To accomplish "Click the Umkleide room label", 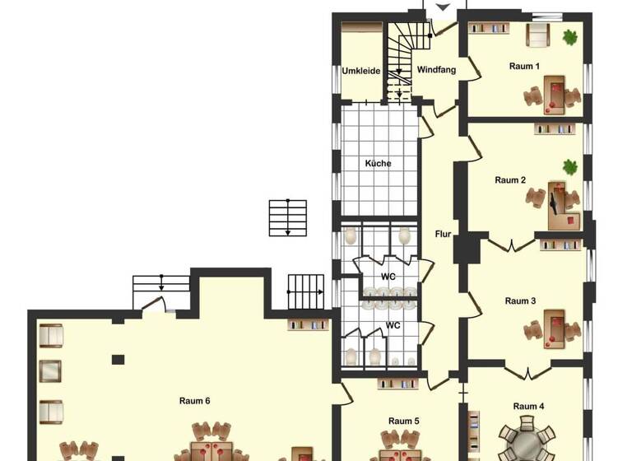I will [360, 71].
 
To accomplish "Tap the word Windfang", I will [436, 70].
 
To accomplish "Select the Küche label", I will [379, 163].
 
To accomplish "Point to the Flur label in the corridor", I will [443, 234].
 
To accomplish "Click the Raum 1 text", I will [524, 66].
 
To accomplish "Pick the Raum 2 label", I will [510, 179].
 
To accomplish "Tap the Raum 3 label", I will [520, 300].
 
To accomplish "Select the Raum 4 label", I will [528, 406].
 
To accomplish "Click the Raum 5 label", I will [404, 421].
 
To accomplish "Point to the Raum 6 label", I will [195, 401].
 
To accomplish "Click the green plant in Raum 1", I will [569, 36].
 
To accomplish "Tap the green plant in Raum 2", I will [569, 167].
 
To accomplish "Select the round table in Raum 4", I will [527, 443].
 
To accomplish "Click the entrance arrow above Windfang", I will [443, 7].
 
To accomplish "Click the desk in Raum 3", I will [558, 325].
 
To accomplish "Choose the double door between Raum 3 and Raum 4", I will [520, 368].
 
